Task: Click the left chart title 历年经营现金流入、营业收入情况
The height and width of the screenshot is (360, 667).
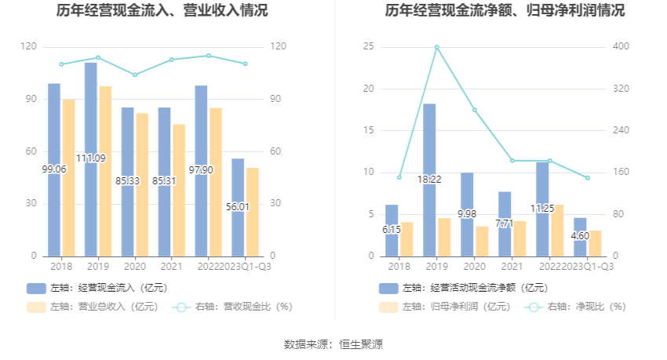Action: [x=162, y=11]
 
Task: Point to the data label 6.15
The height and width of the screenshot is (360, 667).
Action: [x=391, y=230]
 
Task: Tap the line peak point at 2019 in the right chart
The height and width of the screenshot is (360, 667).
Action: [x=437, y=47]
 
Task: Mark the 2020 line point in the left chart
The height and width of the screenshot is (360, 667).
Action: [x=135, y=75]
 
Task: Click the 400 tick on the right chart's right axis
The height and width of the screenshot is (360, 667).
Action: [x=621, y=47]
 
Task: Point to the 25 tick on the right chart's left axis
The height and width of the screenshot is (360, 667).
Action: [x=368, y=47]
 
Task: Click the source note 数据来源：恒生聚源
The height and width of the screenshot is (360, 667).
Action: [x=333, y=344]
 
